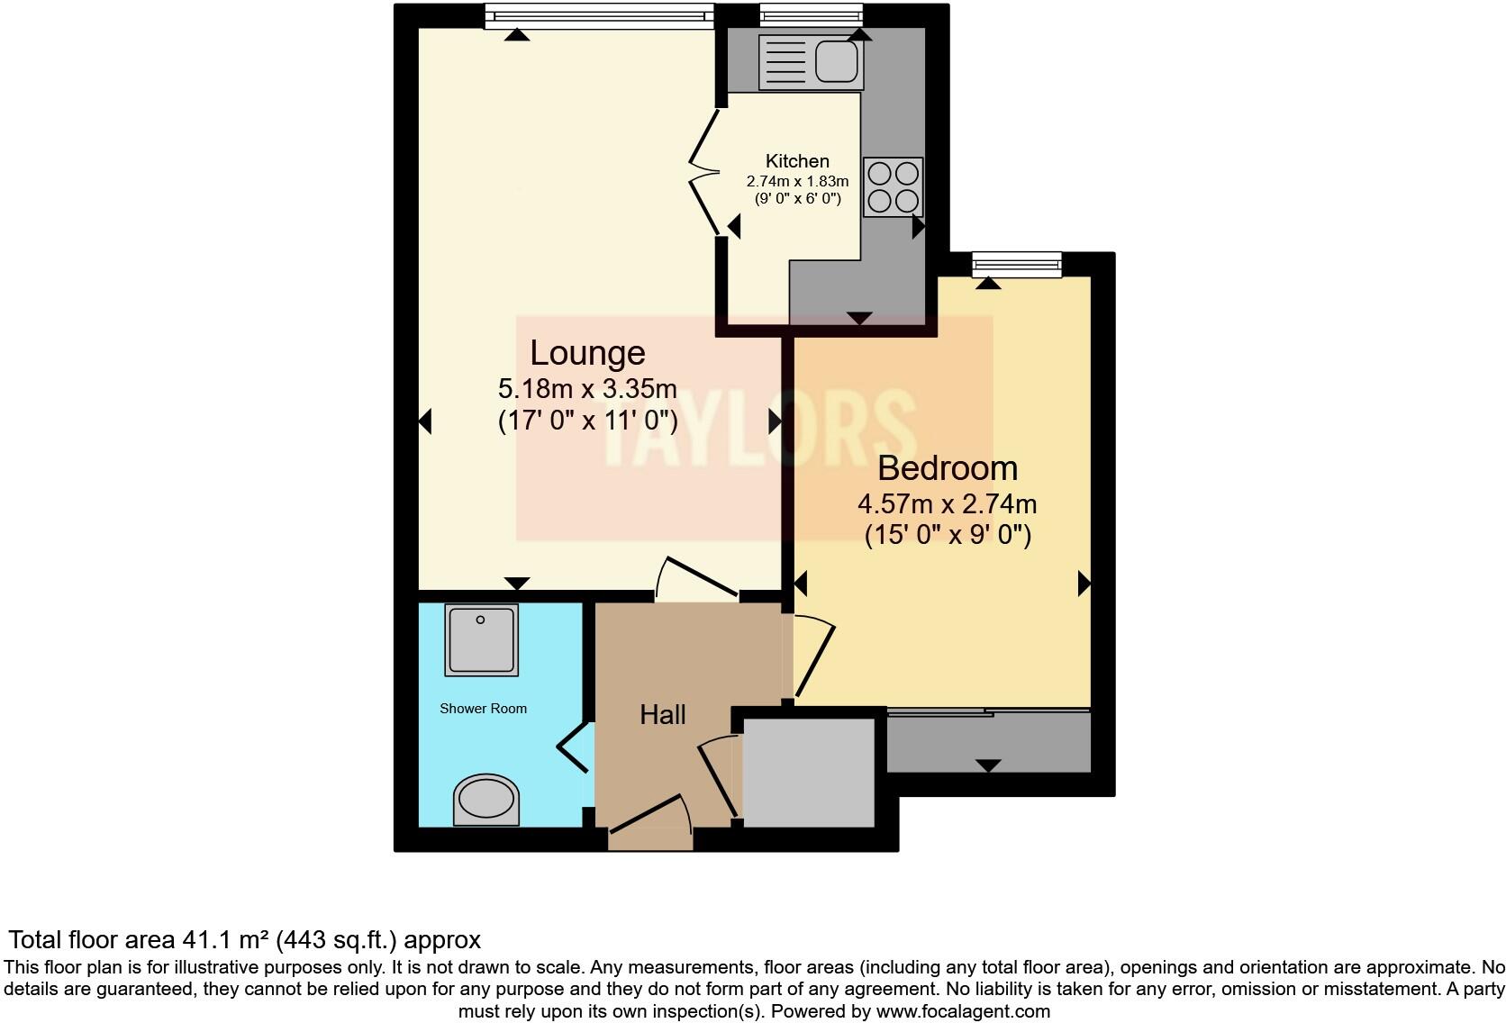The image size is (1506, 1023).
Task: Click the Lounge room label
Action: point(587,353)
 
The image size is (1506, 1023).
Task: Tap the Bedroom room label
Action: point(948,468)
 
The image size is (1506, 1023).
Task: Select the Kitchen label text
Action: point(797,161)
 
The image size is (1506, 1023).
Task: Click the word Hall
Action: point(663,715)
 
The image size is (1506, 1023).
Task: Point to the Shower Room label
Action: point(483,709)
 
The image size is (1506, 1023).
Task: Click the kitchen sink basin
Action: point(837,61)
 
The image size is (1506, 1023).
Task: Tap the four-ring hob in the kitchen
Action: point(893,186)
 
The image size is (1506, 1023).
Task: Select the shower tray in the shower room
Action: point(481,639)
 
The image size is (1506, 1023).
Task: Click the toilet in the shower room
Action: point(486,800)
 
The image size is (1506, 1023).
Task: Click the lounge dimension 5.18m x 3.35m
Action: point(587,389)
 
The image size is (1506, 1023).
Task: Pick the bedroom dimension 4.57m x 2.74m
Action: point(948,504)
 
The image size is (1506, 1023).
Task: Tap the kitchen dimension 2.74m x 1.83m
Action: point(797,181)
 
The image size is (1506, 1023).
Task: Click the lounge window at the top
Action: point(599,14)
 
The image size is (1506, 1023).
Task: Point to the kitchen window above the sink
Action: point(811,14)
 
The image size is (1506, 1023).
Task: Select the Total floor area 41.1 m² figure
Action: point(244,940)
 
